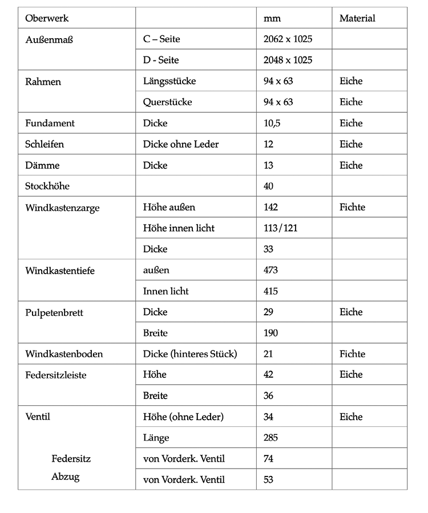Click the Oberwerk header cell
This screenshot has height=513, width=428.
47,18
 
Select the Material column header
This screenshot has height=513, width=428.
357,18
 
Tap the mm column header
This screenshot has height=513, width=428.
268,19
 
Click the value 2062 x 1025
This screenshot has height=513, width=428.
288,39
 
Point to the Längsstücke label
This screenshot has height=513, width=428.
169,81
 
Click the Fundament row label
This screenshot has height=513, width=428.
50,123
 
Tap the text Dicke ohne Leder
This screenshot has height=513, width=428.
181,144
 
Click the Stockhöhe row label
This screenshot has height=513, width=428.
47,186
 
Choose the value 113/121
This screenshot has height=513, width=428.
281,228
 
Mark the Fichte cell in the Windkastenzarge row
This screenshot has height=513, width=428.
352,207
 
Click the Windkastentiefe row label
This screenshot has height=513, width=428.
60,270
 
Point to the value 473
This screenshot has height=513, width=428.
271,270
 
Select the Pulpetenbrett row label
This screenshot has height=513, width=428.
55,312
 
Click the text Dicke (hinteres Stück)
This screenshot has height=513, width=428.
190,354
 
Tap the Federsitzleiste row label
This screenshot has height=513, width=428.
56,375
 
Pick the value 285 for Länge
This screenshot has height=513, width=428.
271,438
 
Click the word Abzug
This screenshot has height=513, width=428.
66,477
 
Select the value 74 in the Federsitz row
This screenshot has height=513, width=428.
269,458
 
